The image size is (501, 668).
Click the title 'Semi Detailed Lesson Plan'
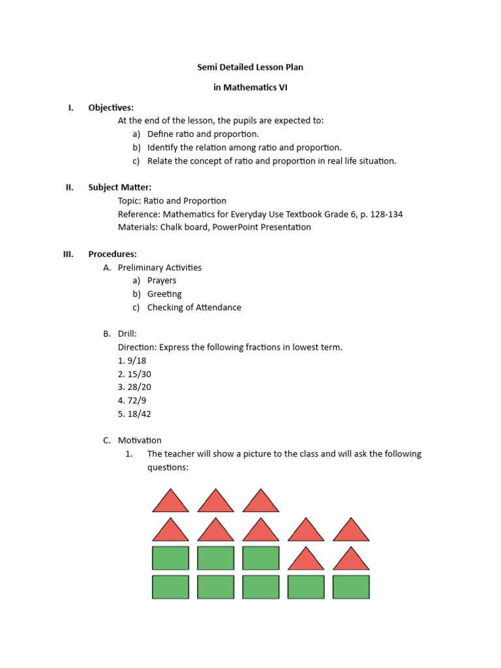(250, 67)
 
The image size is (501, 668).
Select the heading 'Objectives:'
(111, 108)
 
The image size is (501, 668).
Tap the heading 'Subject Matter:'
(120, 187)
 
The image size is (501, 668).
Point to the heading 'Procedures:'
(112, 254)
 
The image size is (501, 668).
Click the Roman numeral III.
(68, 254)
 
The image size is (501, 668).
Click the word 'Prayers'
(162, 281)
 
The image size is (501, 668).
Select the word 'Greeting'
(164, 294)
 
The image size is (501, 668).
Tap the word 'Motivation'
(140, 440)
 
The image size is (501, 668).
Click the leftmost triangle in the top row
(170, 502)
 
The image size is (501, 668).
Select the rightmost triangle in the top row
(261, 502)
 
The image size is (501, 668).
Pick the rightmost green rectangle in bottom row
(351, 586)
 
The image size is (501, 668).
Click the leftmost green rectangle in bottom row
(170, 586)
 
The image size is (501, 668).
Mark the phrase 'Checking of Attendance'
(194, 307)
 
